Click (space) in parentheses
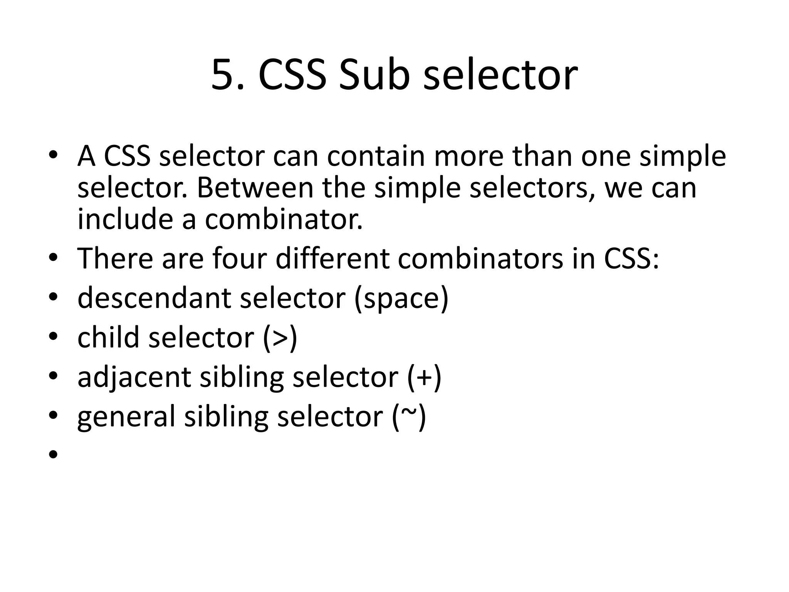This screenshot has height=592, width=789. point(401,298)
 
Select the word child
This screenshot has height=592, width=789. point(108,337)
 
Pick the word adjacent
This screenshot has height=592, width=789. point(134,377)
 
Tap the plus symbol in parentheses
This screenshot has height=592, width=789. point(424,377)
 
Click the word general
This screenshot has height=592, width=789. point(126,417)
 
